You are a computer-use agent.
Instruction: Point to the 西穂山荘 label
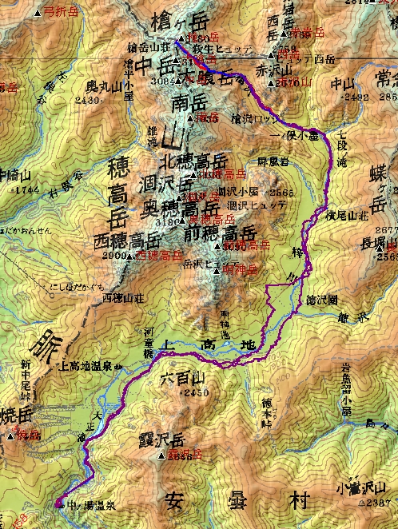click(x=121, y=298)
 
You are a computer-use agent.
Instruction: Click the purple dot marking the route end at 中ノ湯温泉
click(x=58, y=503)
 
